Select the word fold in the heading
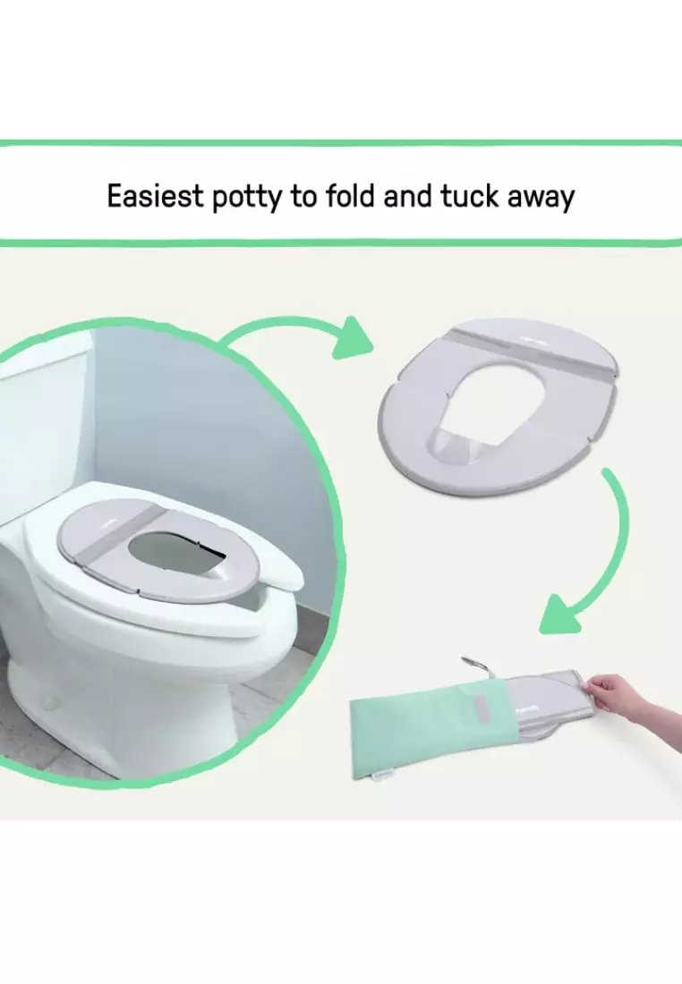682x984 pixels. (345, 196)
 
